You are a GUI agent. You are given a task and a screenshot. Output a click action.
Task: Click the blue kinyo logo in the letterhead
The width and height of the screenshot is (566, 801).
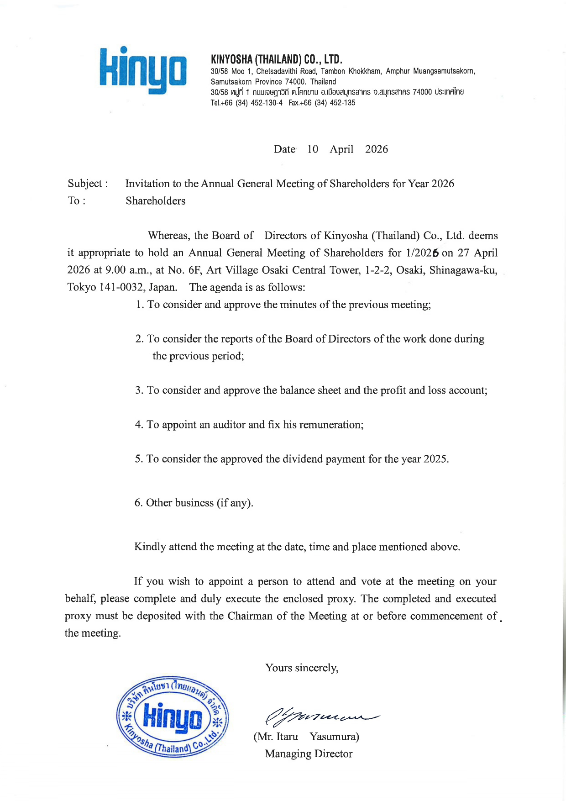coord(143,71)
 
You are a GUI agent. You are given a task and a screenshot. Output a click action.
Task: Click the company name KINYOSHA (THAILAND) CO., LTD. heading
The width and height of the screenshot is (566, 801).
coord(277,59)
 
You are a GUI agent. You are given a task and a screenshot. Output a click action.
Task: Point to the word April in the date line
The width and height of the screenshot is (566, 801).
coord(341,149)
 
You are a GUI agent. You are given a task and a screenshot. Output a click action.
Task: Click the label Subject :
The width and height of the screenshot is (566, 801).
coord(88,184)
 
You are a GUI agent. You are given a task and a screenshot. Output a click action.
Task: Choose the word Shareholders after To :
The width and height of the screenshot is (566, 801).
coord(156,201)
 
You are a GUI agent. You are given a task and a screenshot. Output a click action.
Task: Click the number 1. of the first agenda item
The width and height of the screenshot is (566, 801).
coord(140,305)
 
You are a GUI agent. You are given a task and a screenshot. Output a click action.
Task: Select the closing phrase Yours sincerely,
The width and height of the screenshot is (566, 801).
coord(302,668)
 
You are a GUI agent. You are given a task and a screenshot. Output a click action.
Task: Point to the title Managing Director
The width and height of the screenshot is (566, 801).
coord(309,754)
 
